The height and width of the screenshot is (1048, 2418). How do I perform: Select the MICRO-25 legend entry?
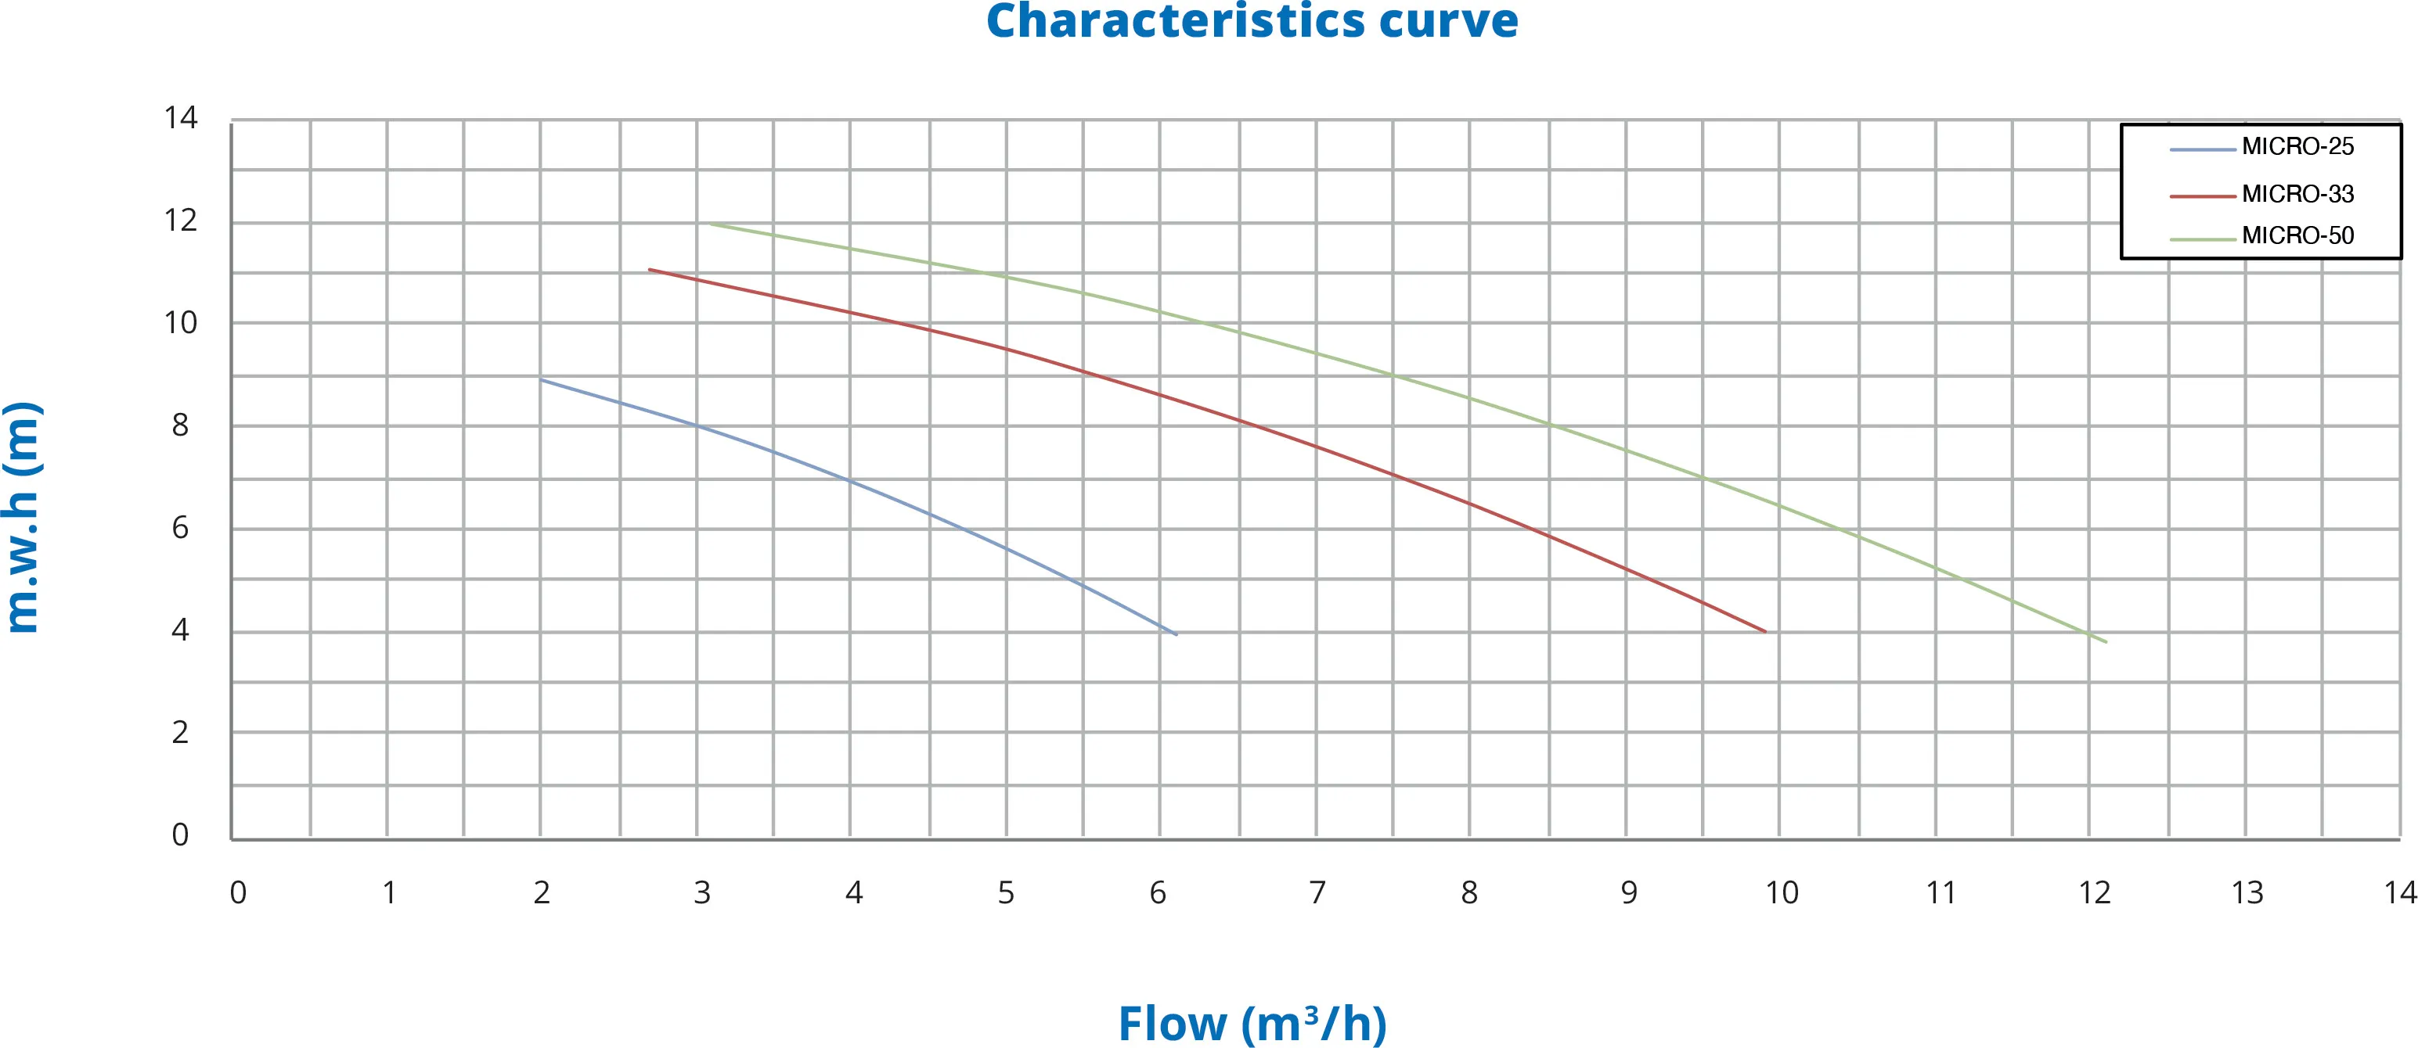pyautogui.click(x=2297, y=146)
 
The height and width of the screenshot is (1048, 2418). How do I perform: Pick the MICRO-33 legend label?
pyautogui.click(x=2297, y=194)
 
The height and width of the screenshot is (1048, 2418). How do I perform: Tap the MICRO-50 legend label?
pyautogui.click(x=2297, y=235)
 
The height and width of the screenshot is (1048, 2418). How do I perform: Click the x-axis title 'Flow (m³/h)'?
pyautogui.click(x=1252, y=1023)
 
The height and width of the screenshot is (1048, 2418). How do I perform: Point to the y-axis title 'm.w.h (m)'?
pyautogui.click(x=23, y=517)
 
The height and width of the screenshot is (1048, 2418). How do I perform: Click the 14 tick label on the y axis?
pyautogui.click(x=180, y=117)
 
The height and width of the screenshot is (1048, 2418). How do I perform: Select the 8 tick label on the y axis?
pyautogui.click(x=180, y=425)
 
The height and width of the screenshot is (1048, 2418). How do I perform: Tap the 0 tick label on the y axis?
pyautogui.click(x=180, y=834)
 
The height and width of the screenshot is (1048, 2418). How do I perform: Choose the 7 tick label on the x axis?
pyautogui.click(x=1317, y=892)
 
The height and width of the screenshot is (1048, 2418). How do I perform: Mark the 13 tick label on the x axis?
pyautogui.click(x=2247, y=892)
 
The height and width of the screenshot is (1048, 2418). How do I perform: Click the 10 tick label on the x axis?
pyautogui.click(x=1782, y=892)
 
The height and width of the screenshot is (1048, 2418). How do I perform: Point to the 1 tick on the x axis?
pyautogui.click(x=388, y=892)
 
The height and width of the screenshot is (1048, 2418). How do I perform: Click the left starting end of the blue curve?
pyautogui.click(x=542, y=379)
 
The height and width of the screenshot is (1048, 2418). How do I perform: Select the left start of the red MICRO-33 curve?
pyautogui.click(x=650, y=269)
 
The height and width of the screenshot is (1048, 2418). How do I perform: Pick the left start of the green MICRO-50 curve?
pyautogui.click(x=708, y=224)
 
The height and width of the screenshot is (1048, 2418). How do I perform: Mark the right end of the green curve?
pyautogui.click(x=2106, y=642)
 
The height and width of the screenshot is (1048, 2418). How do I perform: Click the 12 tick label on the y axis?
pyautogui.click(x=180, y=221)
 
